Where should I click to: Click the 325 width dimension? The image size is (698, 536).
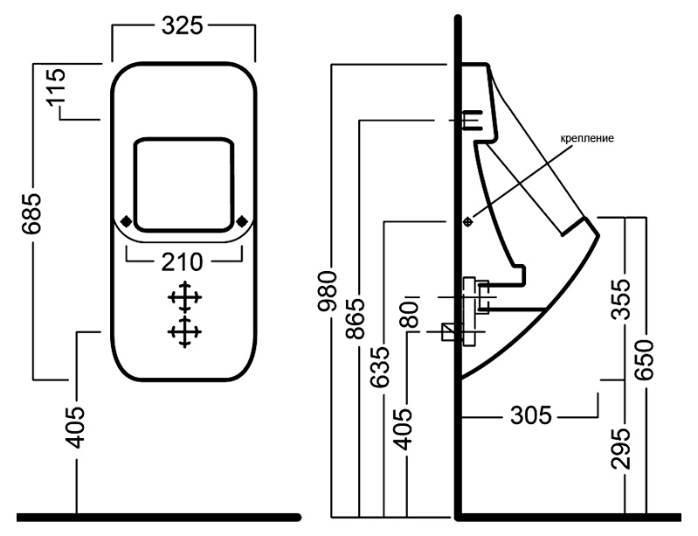(182, 25)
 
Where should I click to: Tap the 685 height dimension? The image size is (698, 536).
(32, 213)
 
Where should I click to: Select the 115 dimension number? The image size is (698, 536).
(57, 86)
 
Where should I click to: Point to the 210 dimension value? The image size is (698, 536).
(182, 262)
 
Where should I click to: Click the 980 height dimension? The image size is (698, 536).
(328, 291)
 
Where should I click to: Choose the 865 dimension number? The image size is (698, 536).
(356, 318)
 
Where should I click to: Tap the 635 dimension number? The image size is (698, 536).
(381, 366)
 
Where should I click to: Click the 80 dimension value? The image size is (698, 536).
(411, 315)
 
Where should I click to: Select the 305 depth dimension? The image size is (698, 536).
(531, 415)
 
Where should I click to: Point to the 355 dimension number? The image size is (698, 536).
(620, 299)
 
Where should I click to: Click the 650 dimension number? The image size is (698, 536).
(644, 360)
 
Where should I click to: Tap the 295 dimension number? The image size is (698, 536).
(620, 449)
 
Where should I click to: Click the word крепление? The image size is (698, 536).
(587, 138)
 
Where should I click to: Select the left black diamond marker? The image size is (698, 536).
(127, 220)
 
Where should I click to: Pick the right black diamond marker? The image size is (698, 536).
(242, 220)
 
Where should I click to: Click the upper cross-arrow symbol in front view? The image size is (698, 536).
(184, 296)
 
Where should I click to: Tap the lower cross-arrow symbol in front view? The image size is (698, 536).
(184, 332)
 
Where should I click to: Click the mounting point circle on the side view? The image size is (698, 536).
(467, 221)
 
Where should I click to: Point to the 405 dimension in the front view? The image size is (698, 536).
(75, 427)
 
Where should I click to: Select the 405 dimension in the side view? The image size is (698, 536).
(404, 428)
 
